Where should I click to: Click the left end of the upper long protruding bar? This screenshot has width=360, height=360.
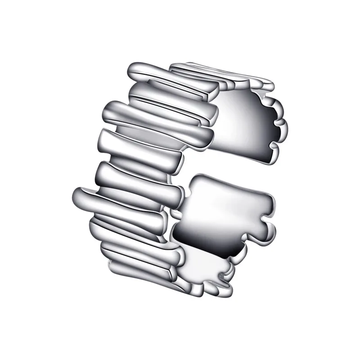coord(108,110)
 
